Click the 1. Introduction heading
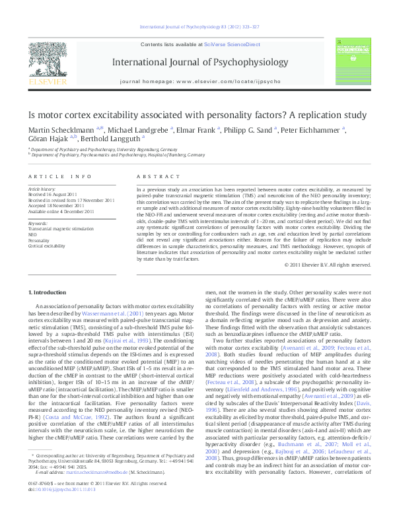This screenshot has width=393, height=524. pos(50,291)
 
